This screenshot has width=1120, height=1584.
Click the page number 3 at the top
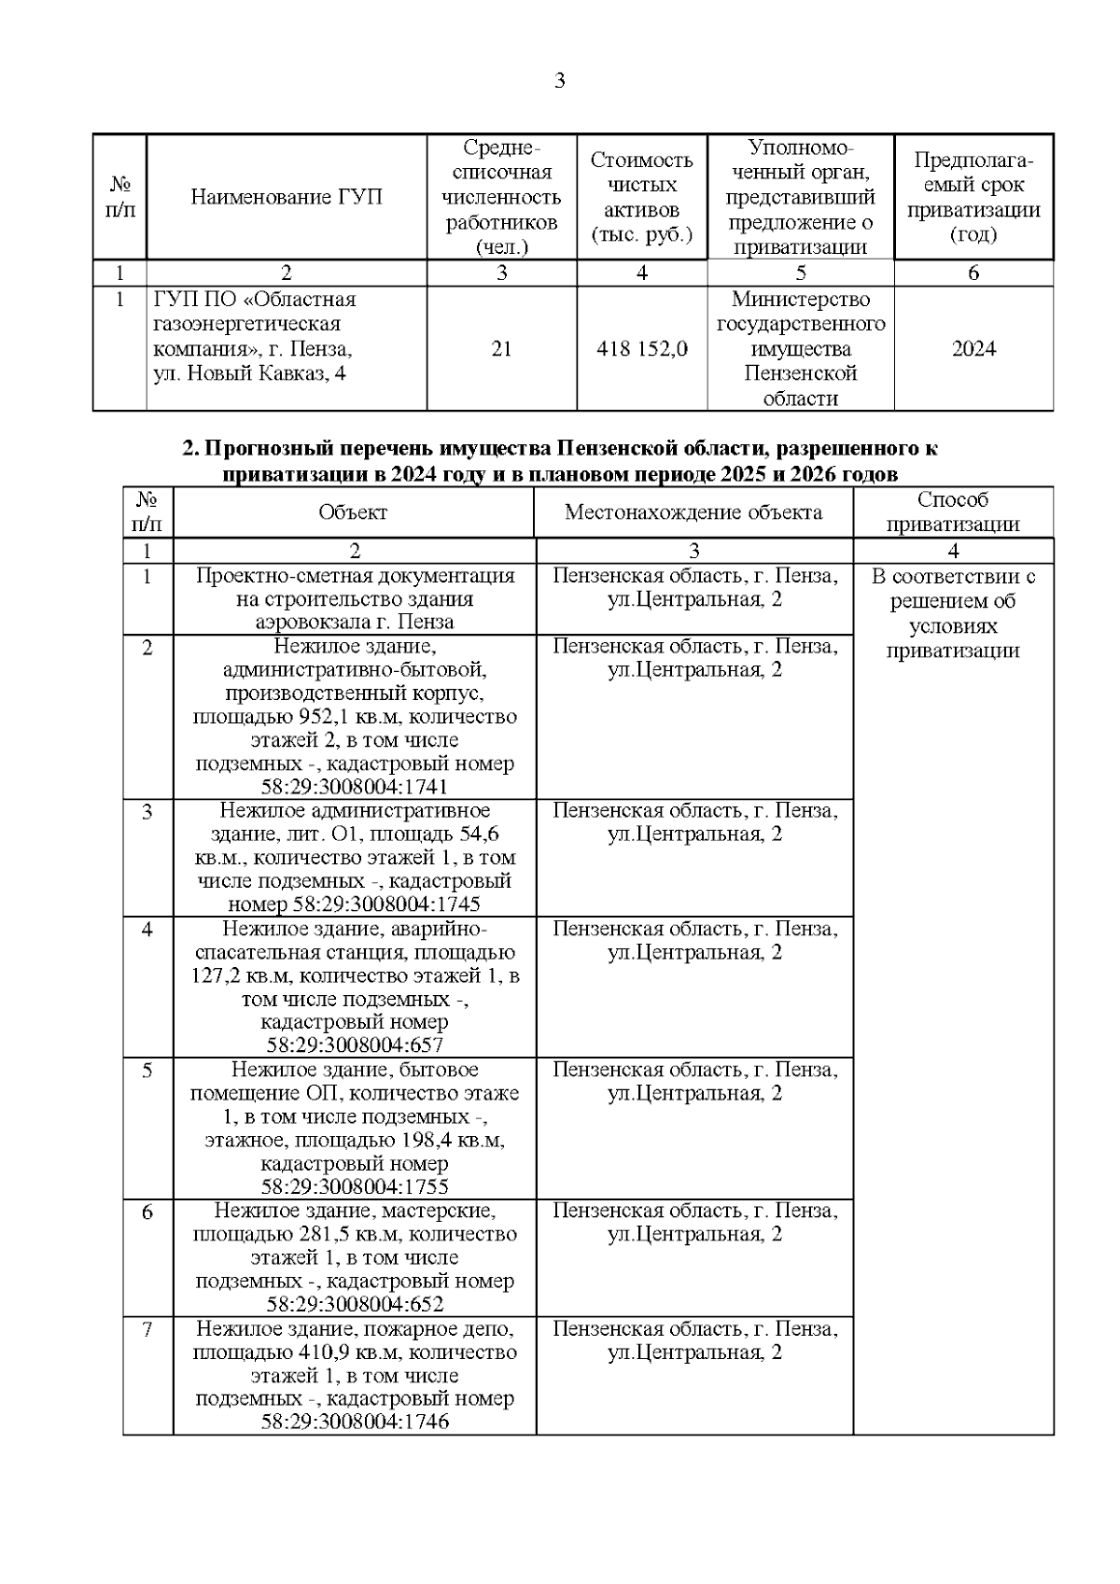coord(559,81)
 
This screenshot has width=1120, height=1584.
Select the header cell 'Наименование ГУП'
coord(287,198)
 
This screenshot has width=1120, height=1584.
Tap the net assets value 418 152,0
coord(641,349)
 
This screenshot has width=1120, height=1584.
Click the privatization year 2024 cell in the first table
coord(973,349)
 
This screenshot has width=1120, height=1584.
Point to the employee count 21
coord(501,349)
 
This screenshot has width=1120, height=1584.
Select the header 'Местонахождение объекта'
coord(693,512)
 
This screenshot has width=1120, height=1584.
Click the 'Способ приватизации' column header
coord(952,512)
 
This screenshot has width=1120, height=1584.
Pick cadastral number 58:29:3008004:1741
coord(355,787)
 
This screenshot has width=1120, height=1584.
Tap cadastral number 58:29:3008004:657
coord(355,1045)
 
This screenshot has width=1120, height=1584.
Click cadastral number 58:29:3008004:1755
coord(355,1187)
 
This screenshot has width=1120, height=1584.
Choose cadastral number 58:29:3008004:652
coord(355,1305)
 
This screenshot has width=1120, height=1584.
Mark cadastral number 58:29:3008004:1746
coord(355,1423)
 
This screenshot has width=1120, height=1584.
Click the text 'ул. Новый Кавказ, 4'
coord(242,374)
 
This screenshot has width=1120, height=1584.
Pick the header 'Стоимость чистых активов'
coord(641,197)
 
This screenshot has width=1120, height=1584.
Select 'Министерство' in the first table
coord(800,300)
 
